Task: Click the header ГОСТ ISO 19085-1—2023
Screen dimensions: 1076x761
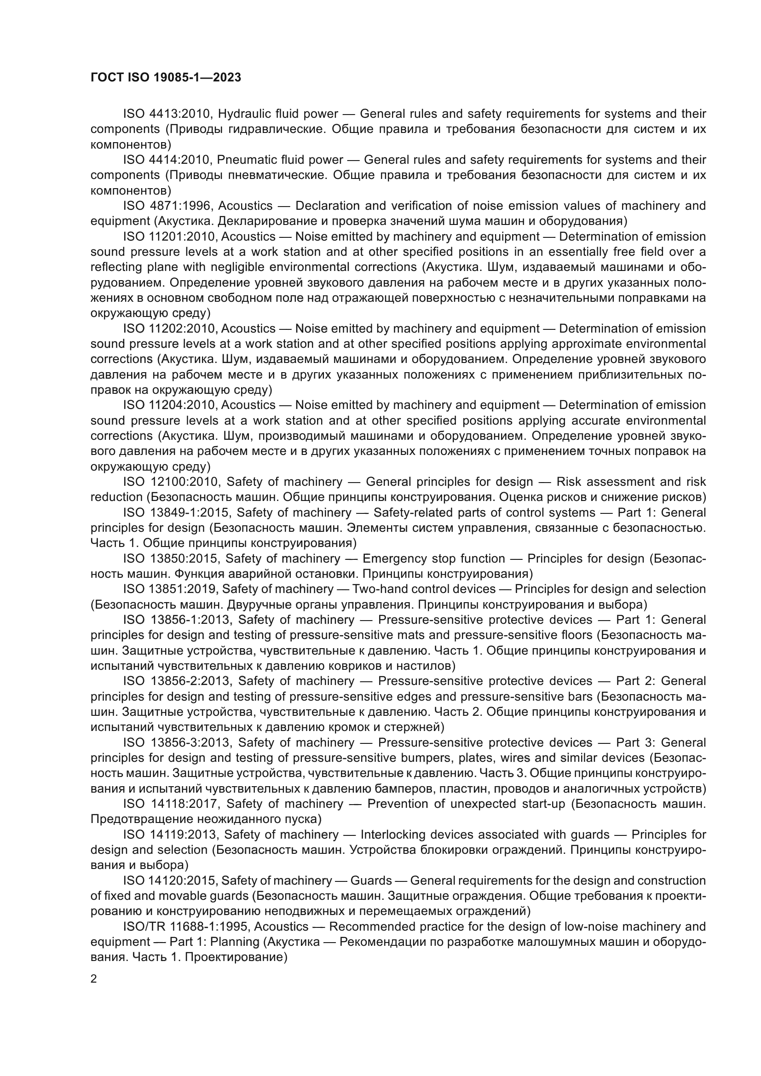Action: (x=166, y=78)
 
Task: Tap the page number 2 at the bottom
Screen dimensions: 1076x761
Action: (x=94, y=979)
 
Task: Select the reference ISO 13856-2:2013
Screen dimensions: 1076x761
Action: (x=177, y=681)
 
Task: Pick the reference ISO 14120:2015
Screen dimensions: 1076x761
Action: (x=170, y=880)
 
